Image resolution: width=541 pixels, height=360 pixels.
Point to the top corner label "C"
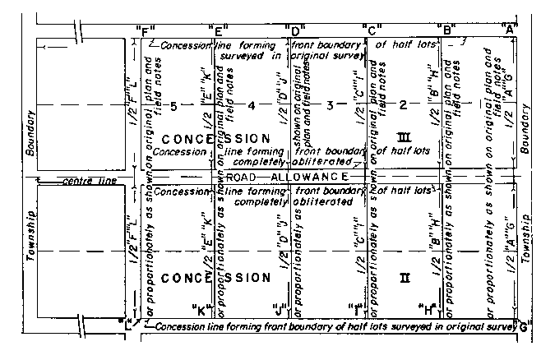pyautogui.click(x=371, y=31)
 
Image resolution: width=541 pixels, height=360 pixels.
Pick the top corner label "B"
pyautogui.click(x=448, y=31)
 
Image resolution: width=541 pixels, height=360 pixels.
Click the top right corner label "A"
pyautogui.click(x=511, y=31)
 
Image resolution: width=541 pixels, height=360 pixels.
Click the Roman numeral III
pyautogui.click(x=403, y=137)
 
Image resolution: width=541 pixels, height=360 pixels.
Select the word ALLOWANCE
pyautogui.click(x=311, y=178)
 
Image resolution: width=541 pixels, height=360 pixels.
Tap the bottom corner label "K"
pyautogui.click(x=201, y=309)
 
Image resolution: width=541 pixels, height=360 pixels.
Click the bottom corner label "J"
pyautogui.click(x=278, y=309)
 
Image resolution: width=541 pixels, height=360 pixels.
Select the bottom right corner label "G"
pyautogui.click(x=523, y=326)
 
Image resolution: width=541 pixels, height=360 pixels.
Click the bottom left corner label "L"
pyautogui.click(x=127, y=322)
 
